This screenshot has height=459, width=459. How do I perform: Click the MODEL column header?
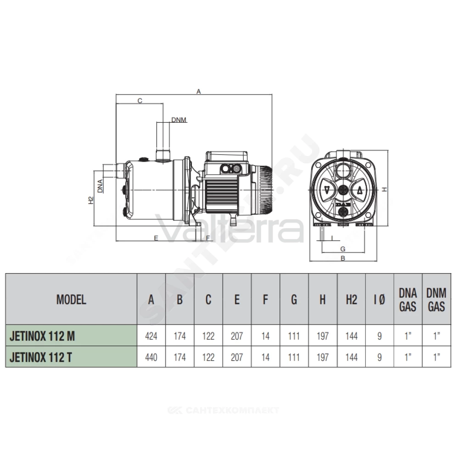click(71, 299)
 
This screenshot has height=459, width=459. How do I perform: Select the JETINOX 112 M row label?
click(42, 336)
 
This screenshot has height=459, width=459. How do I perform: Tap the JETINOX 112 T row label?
click(41, 357)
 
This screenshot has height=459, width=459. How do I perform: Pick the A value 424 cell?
click(151, 336)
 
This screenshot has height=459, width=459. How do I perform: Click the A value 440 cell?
click(151, 357)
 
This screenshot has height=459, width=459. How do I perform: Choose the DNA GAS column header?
click(408, 299)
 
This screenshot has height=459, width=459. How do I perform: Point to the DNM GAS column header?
click(436, 299)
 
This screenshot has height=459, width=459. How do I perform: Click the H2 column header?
click(351, 299)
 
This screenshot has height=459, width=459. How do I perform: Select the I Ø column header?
click(380, 299)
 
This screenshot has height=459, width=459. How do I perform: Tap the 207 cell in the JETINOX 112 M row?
click(237, 336)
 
